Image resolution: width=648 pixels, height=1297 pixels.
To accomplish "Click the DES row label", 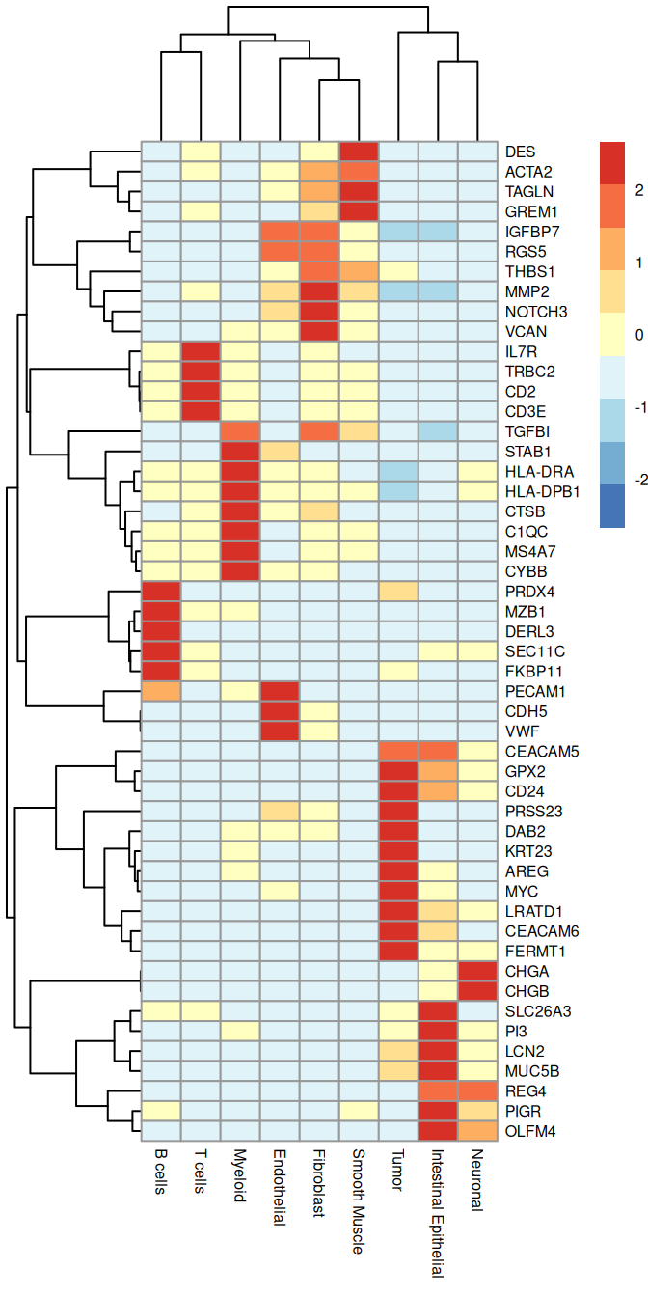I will coord(520,152).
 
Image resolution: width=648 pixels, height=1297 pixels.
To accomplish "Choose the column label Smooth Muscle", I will coord(359,1200).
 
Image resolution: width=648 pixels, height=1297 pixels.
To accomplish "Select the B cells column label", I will coord(161,1172).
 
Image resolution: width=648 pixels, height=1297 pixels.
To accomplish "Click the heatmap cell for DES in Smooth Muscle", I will coord(359,152).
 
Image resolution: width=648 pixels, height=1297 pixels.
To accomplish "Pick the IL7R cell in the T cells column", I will coord(201,351).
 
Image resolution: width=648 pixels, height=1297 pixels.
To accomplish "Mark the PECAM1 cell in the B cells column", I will coord(161,691).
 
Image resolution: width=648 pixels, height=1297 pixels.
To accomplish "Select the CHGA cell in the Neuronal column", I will coord(477,971).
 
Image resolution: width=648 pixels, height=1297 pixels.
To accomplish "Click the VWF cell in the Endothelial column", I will coord(280,731).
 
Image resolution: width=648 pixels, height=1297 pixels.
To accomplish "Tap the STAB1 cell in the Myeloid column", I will coord(240,451).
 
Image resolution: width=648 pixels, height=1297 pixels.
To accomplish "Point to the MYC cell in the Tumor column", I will coord(398,891).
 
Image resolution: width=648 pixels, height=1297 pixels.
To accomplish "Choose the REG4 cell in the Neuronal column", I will coord(477,1090).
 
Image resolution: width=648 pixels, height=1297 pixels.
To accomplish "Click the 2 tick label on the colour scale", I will coord(635,191).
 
